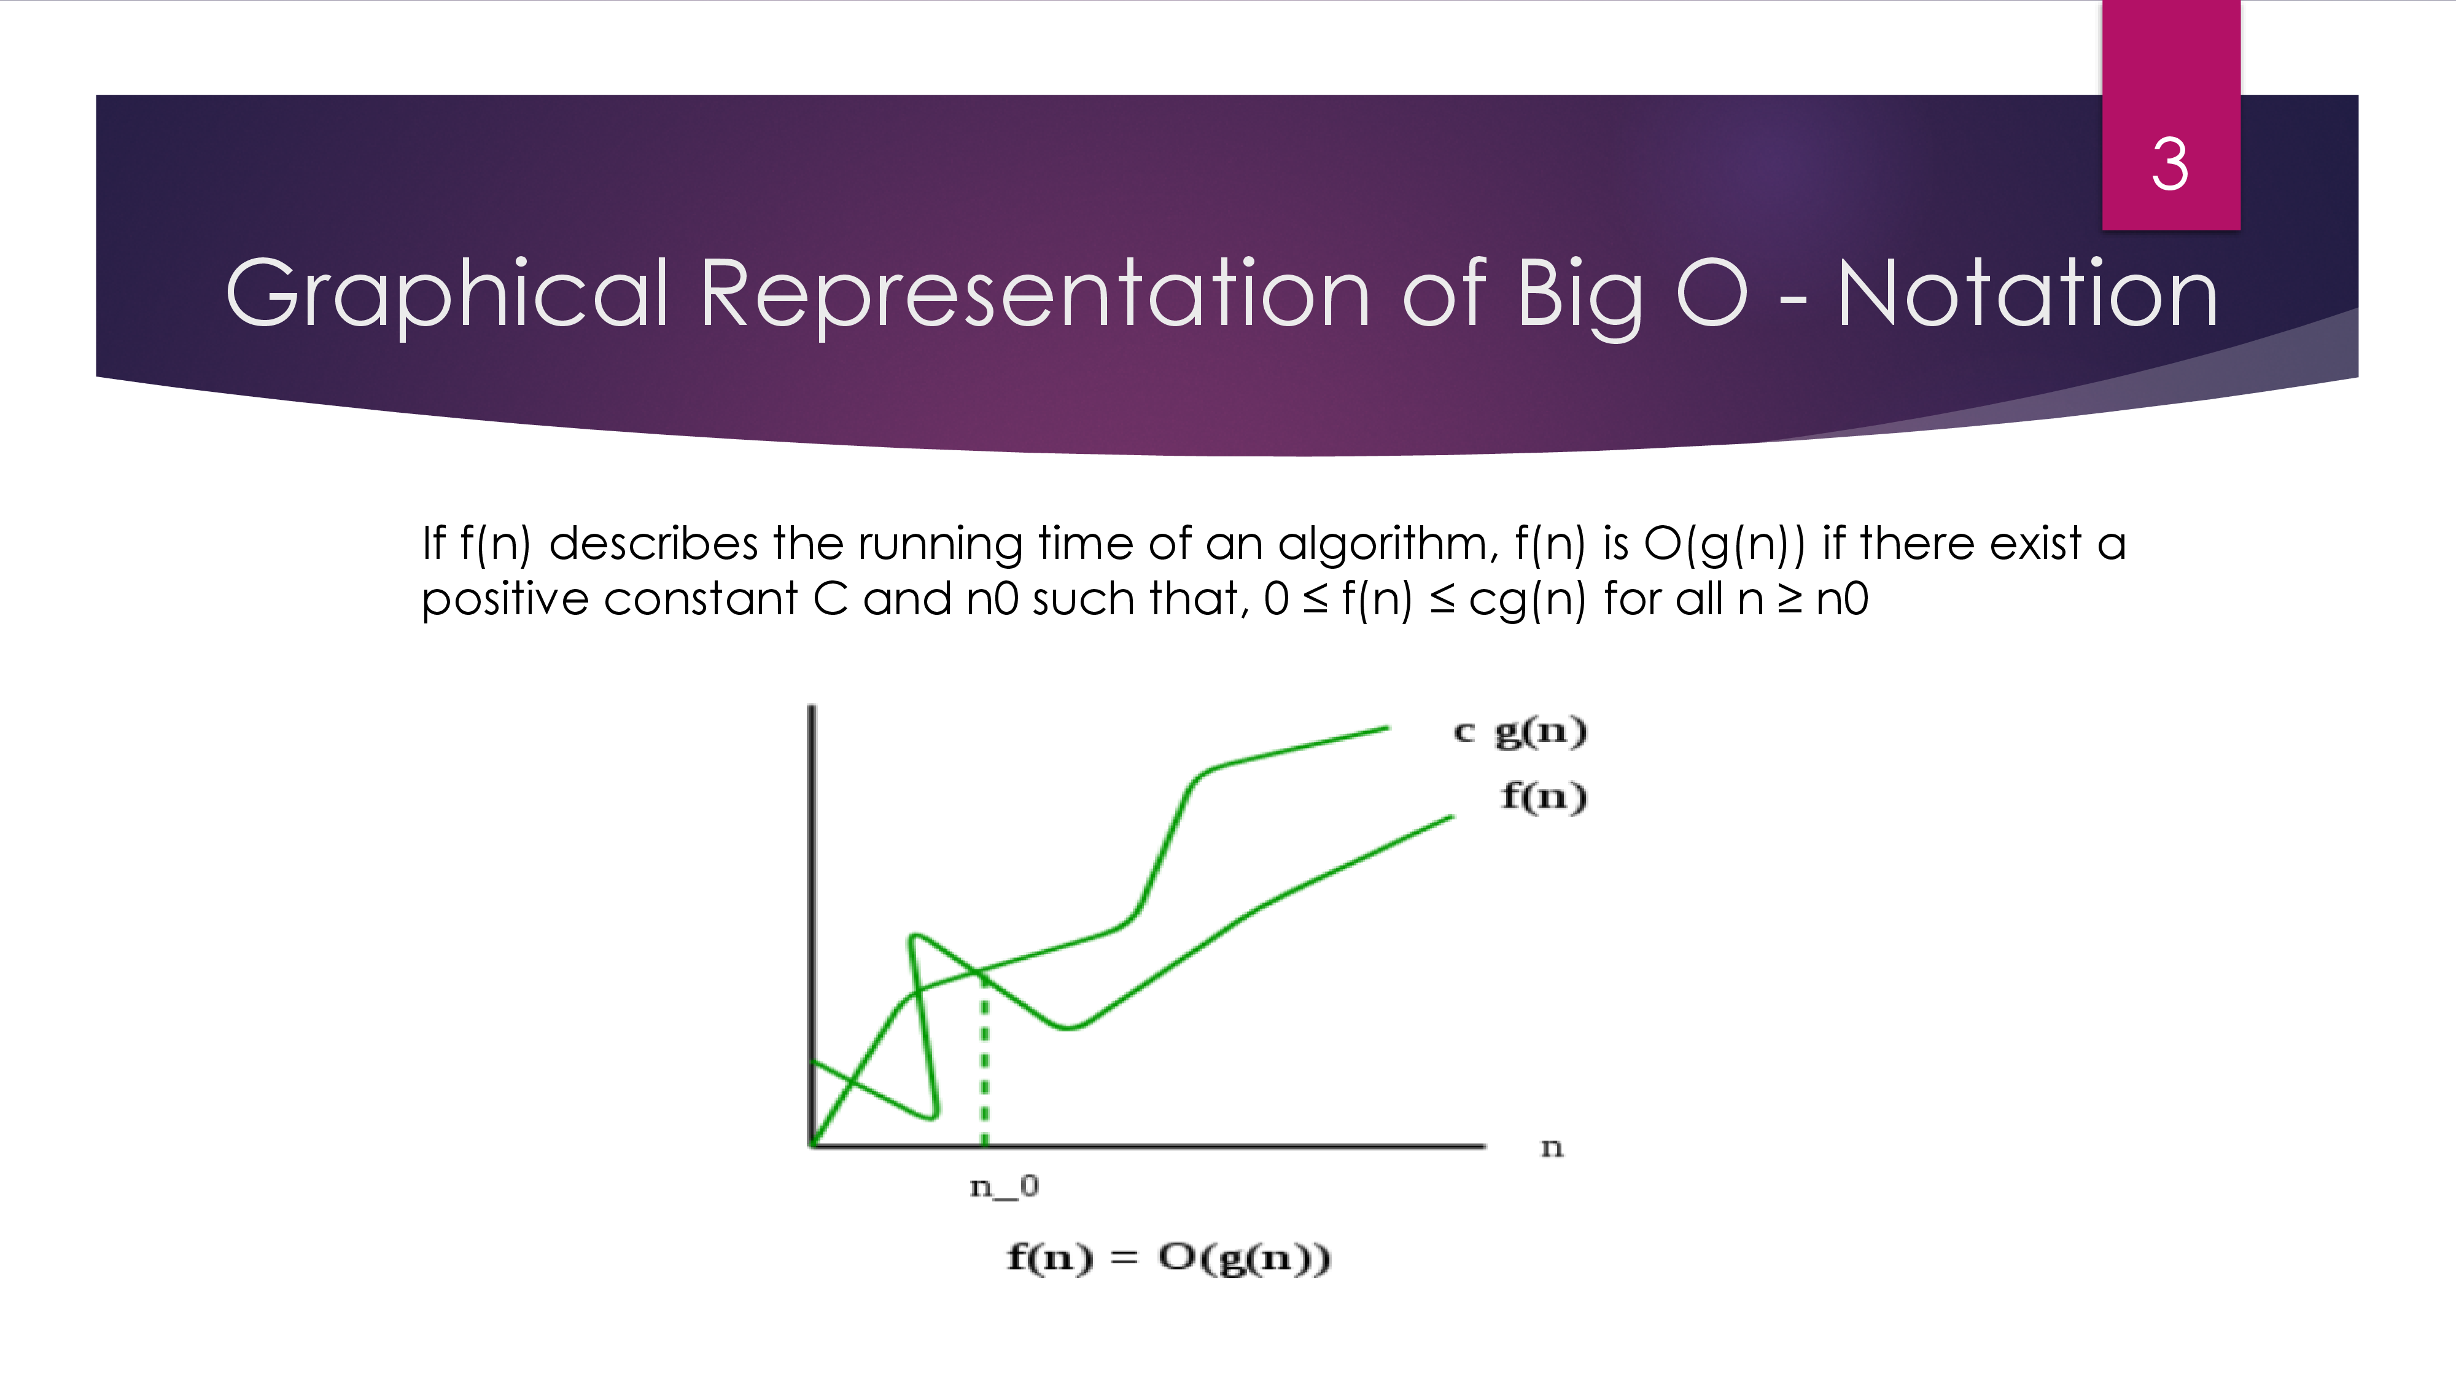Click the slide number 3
[2170, 164]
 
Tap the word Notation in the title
[2028, 294]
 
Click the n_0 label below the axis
[1004, 1187]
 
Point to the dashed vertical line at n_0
[985, 1059]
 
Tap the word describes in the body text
[654, 544]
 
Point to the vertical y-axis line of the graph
[811, 925]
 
